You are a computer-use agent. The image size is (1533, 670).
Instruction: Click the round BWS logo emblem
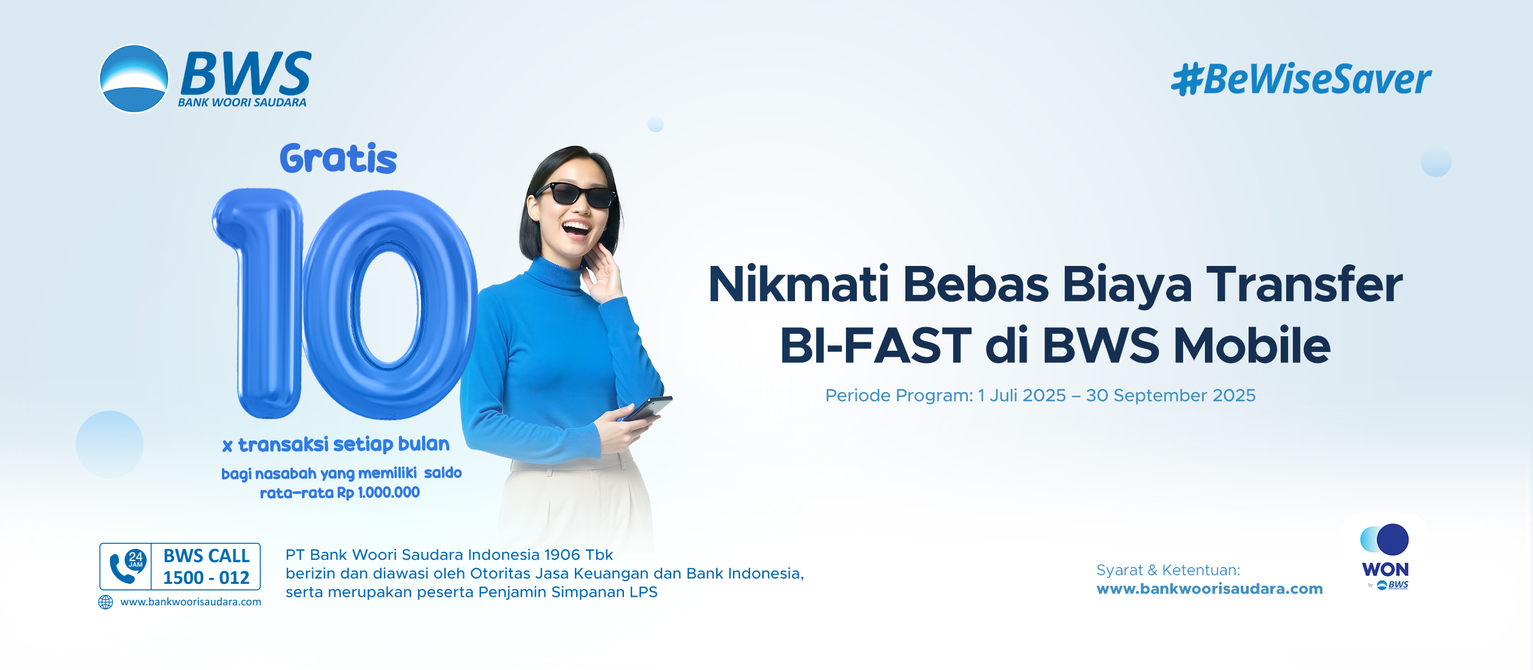(133, 79)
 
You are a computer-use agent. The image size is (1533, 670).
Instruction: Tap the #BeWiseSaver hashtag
(1301, 79)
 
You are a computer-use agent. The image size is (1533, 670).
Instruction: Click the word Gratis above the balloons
(338, 159)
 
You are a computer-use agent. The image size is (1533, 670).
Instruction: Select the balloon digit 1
(259, 303)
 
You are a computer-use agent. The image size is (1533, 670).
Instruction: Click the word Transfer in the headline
(1304, 284)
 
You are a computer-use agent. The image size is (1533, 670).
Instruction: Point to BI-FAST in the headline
(876, 345)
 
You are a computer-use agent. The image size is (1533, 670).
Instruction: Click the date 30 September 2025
(1170, 396)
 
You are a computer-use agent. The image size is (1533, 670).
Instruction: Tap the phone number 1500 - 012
(206, 578)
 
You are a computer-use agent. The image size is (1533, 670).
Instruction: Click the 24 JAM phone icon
(126, 566)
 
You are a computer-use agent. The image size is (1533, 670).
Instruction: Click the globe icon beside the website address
(106, 602)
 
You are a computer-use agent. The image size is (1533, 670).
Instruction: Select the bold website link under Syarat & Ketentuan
(1210, 589)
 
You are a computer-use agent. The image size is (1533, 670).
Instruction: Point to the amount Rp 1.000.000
(378, 493)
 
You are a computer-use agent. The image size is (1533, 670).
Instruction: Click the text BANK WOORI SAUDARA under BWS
(242, 102)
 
